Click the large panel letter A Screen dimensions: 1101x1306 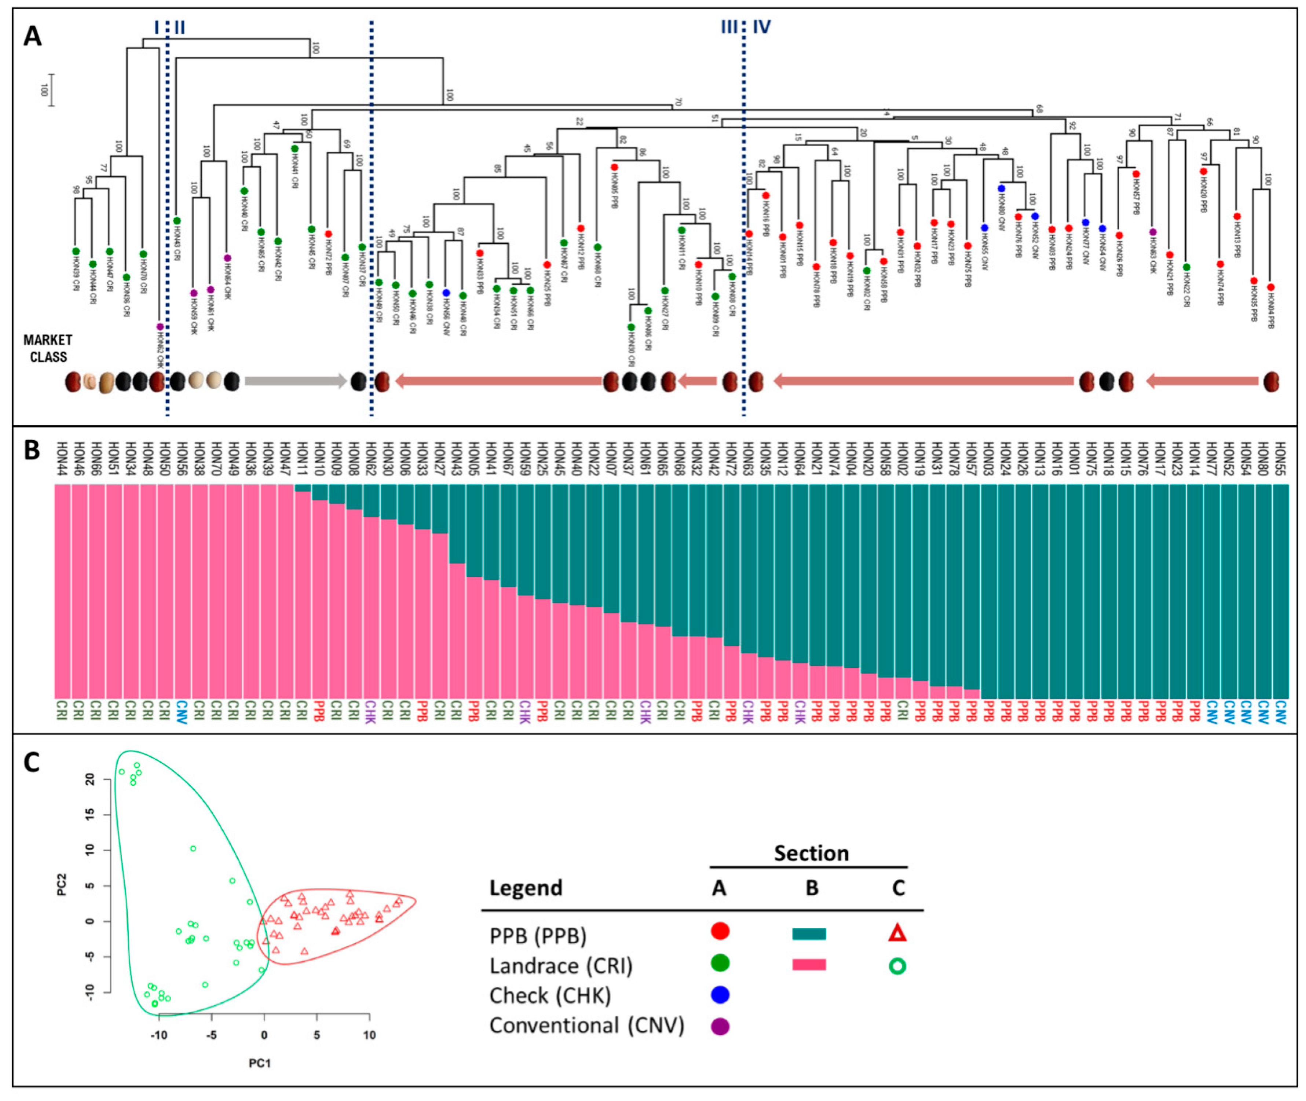[33, 36]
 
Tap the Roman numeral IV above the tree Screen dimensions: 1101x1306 [762, 27]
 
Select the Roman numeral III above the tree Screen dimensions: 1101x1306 [728, 27]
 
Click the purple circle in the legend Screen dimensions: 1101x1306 [720, 1027]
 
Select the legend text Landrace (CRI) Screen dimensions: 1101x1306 [561, 966]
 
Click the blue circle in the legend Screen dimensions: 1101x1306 [720, 995]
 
